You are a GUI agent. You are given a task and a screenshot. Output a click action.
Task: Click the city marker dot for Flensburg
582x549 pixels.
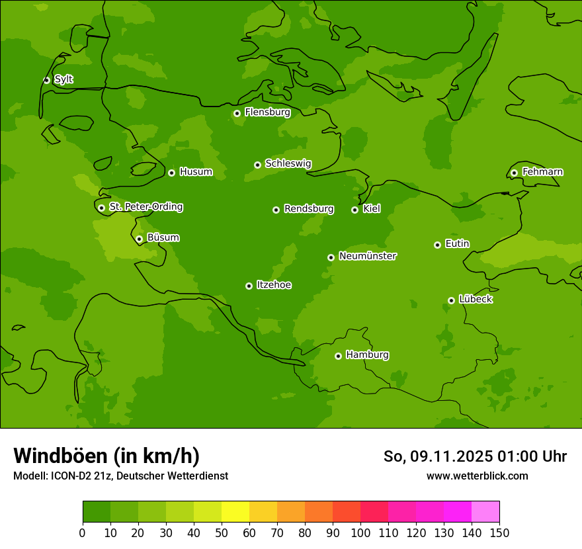coord(237,113)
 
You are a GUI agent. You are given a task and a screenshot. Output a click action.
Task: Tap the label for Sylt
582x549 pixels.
coord(63,79)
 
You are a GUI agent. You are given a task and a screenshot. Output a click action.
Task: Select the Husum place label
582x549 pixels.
coord(196,172)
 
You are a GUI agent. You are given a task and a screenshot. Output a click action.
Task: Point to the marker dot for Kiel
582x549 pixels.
coord(354,210)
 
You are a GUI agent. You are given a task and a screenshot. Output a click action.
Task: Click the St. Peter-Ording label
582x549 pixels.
coord(145,207)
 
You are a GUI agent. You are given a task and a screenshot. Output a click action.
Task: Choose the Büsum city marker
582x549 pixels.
coord(139,239)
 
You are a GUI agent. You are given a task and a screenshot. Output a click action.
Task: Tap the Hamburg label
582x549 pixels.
coord(367,355)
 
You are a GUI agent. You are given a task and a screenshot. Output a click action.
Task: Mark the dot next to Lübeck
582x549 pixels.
coord(451,300)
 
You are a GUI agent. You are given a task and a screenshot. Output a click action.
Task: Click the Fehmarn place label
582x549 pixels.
coord(542,172)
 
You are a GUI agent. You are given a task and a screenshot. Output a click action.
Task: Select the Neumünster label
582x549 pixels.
coord(367,256)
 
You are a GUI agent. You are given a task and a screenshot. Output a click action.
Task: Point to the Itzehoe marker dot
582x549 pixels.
coord(249,286)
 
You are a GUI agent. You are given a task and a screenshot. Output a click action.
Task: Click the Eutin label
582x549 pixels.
coord(457,244)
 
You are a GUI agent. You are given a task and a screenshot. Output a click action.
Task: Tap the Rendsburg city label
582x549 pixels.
coord(308,209)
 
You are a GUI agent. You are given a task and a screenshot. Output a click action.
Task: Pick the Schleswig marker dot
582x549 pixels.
coord(257,165)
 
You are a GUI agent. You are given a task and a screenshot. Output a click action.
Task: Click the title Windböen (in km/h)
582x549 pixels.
coord(106,456)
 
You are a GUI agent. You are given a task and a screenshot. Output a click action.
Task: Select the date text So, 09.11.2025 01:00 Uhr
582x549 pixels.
coord(475,456)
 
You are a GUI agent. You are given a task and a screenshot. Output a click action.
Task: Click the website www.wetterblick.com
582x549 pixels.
coord(477,476)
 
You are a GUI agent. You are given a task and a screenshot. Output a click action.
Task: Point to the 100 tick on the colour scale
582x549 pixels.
coord(360,532)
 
